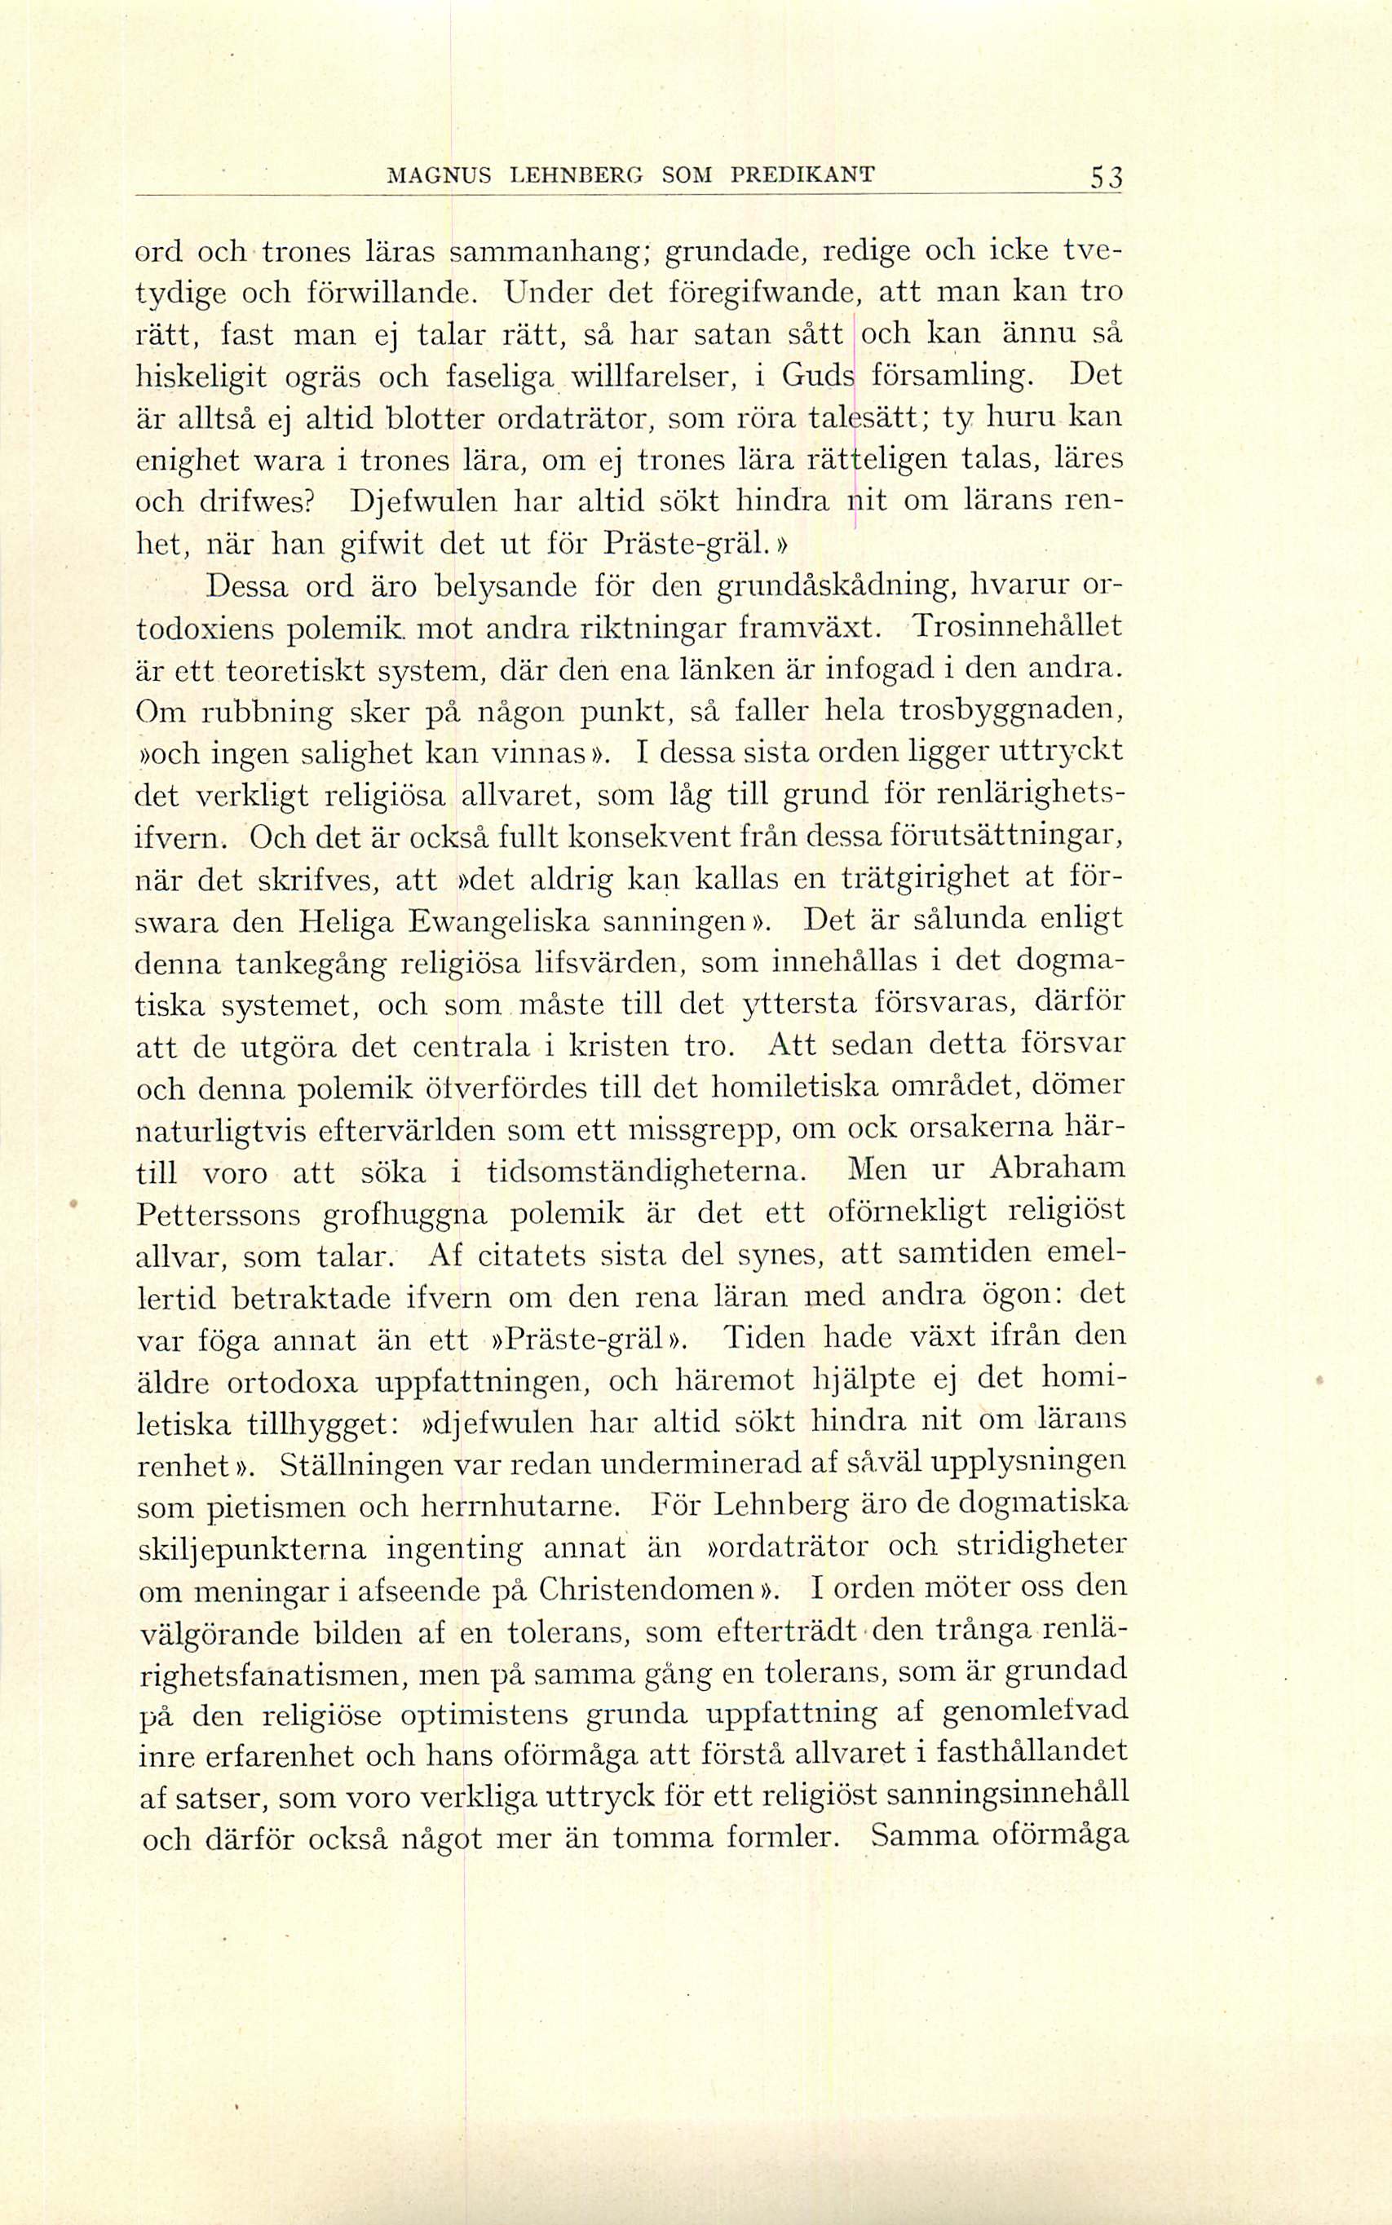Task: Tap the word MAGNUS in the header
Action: [431, 173]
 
